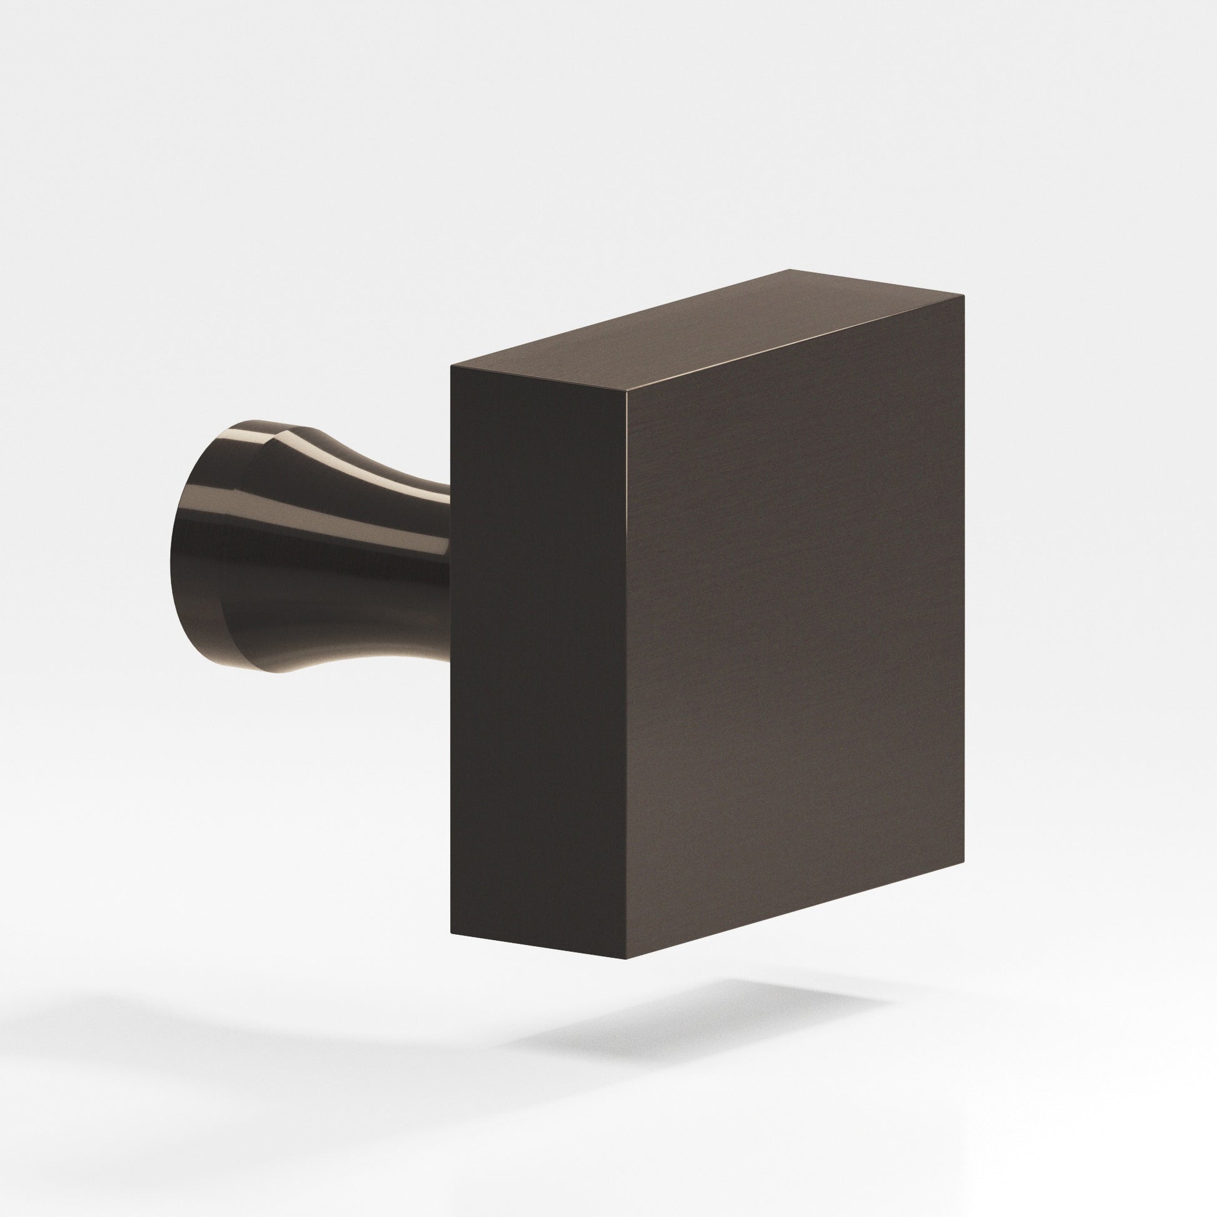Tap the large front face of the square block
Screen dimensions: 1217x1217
[x=794, y=630]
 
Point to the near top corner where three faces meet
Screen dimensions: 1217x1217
[x=626, y=390]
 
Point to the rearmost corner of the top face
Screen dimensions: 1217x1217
[x=790, y=270]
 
